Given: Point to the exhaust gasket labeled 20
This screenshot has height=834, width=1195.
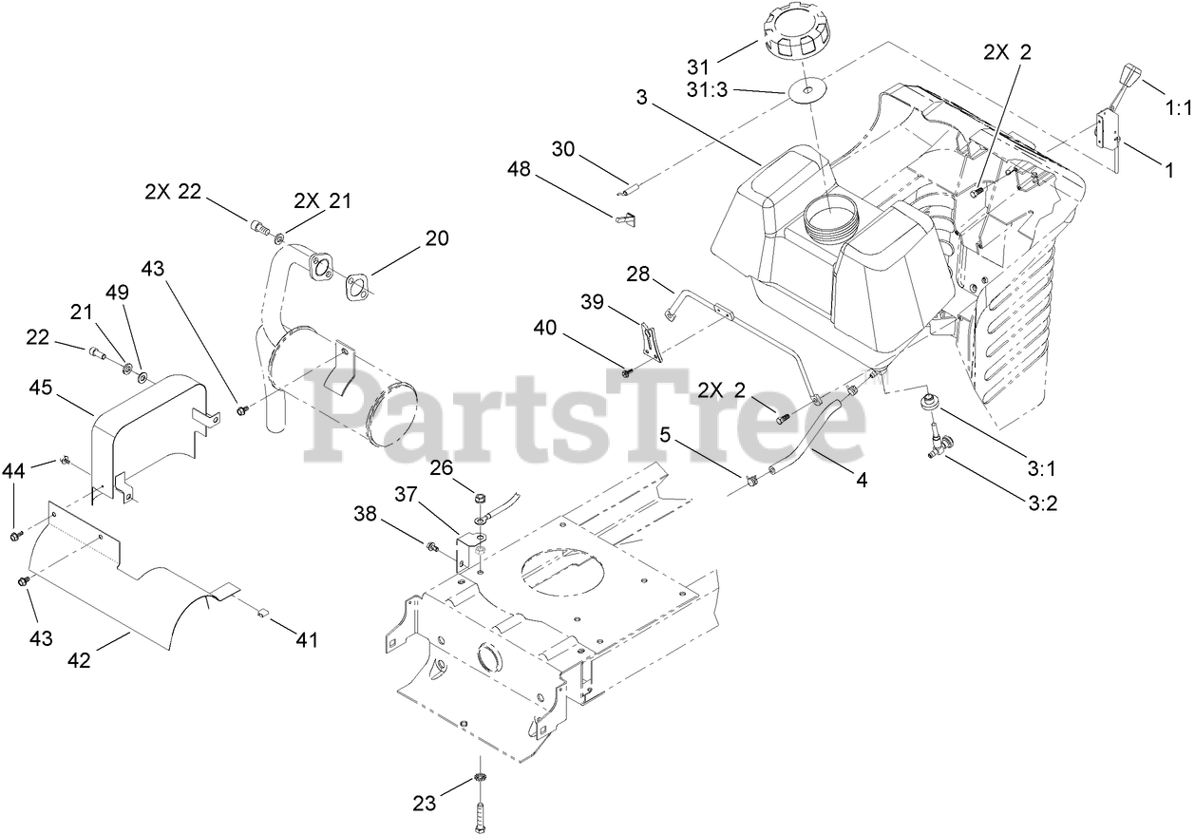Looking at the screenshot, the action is click(x=359, y=283).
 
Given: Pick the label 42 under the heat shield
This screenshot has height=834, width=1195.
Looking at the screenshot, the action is click(x=80, y=660).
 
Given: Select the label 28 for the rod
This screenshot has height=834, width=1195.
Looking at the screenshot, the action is click(x=637, y=274).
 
